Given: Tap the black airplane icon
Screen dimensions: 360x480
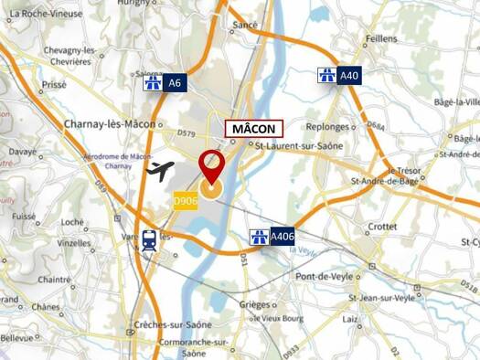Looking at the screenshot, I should coord(160,170).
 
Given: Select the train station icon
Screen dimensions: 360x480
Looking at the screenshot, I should coord(148,240).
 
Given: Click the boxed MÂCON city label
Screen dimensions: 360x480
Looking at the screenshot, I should coord(253,129).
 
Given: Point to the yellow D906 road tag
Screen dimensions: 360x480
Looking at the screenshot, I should coord(186,201).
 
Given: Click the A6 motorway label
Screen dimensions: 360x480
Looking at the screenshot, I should coord(165,83).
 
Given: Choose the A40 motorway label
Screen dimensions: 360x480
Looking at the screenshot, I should coord(338,76).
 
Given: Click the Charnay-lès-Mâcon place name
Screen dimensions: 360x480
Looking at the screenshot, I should coord(110,124).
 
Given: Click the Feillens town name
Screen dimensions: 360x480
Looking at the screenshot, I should coord(380,39).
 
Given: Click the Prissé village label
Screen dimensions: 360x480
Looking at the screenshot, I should coord(54,83).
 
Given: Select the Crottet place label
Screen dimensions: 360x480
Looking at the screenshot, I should coord(381,226).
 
